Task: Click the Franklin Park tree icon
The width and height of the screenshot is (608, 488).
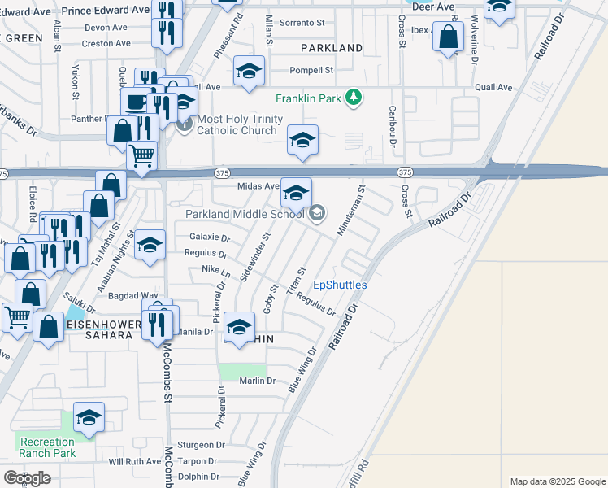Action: [x=353, y=98]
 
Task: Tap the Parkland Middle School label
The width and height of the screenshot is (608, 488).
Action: [x=244, y=214]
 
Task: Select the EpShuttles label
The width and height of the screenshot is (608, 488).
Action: [x=341, y=285]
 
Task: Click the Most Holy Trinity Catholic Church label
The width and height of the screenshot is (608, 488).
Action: [x=241, y=124]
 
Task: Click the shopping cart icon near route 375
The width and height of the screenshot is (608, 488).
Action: [x=142, y=155]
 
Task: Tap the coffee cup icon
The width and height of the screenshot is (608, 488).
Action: [x=134, y=102]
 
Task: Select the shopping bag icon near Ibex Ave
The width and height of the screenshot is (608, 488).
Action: [x=448, y=37]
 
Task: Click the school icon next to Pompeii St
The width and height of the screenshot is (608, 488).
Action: [x=250, y=71]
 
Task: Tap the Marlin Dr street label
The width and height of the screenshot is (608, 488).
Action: [x=258, y=381]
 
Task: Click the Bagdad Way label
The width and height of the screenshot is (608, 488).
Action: [x=137, y=295]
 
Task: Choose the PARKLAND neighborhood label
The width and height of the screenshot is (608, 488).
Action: [x=332, y=48]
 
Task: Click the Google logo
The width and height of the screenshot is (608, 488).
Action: [x=27, y=478]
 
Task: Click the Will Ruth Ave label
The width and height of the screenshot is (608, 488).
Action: [x=135, y=461]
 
